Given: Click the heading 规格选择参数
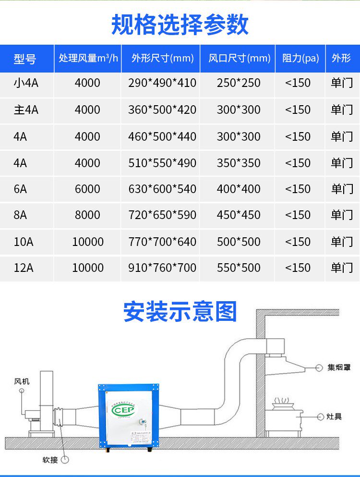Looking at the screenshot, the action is pos(180,24).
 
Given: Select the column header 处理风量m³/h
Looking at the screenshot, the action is pos(88,59).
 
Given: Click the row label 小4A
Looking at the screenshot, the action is pos(26,83).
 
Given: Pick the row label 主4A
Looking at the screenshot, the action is pos(26,110).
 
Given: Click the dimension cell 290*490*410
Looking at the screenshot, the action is pos(162,83).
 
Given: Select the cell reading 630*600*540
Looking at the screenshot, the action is pos(162,189).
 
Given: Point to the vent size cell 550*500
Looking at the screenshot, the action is pos(239,268).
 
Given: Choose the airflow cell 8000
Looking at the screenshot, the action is pos(87,215).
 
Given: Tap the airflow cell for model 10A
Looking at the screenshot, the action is pos(88,242).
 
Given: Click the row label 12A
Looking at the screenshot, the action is pos(24,268).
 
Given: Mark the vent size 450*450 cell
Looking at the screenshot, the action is pos(239,215).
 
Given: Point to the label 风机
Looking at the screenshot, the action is pos(22,381).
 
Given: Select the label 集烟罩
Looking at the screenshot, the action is pos(339,367).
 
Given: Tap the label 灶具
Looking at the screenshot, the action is pos(335,416).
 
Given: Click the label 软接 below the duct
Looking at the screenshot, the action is pos(50,460).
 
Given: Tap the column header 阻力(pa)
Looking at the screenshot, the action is pos(300,59).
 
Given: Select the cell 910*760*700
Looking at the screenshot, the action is pos(162,268).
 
